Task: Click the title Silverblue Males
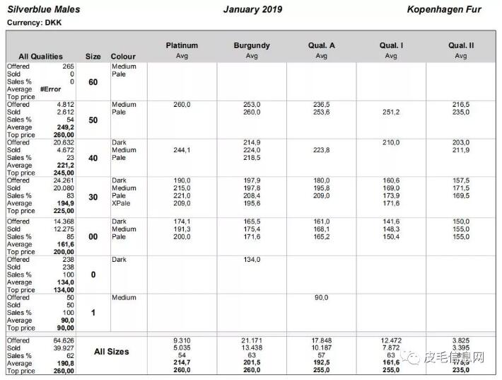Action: (44, 10)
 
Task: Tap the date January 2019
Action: (252, 10)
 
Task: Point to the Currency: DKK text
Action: (34, 23)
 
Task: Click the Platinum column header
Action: (182, 45)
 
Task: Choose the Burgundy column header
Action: (252, 45)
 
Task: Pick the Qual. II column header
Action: (461, 45)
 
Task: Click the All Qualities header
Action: (40, 57)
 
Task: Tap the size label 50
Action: (93, 120)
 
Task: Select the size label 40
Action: (93, 159)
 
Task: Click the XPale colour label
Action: (122, 203)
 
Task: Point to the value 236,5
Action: (322, 105)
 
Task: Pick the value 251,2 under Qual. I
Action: (391, 112)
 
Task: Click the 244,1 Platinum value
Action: (182, 150)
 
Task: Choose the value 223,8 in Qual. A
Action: (322, 150)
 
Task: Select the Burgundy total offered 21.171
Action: (252, 340)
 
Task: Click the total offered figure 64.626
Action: (63, 340)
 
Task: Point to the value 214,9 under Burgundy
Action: (252, 142)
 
